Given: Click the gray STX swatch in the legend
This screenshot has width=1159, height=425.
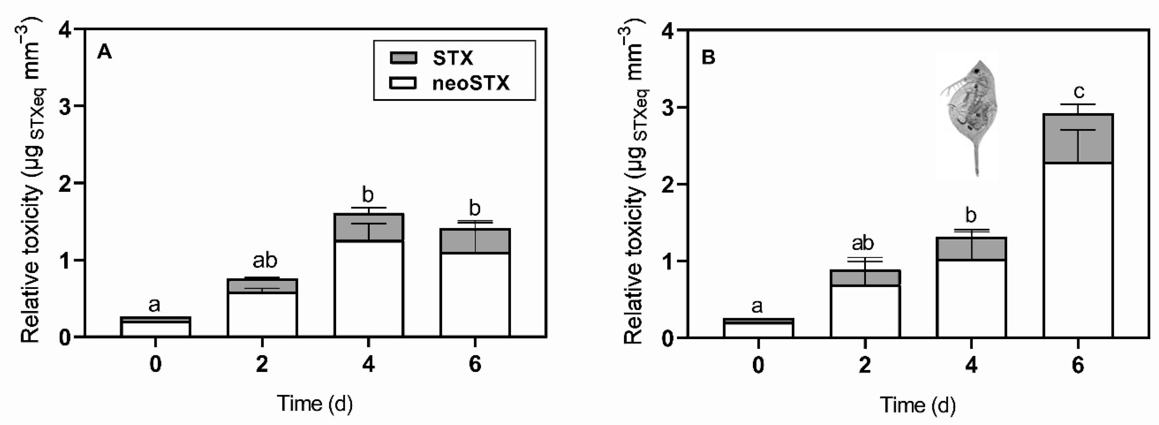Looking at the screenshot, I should point(403,58).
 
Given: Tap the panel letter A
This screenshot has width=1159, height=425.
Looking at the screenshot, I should point(104,52).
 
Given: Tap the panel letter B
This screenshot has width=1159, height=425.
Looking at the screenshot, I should point(708,58).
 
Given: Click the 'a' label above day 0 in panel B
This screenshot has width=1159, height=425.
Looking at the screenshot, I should point(757,306).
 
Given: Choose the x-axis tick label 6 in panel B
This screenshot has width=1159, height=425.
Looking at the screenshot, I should point(1078,365).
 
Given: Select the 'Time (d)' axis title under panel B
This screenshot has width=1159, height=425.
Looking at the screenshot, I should point(917,405).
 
